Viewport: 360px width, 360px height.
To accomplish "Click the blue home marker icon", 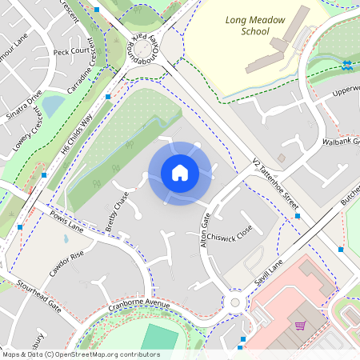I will pyautogui.click(x=179, y=173).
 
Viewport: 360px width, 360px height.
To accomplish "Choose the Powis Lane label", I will pyautogui.click(x=66, y=222).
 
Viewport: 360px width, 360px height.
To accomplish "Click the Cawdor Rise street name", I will pyautogui.click(x=66, y=263).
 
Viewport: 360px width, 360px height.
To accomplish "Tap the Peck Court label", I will pyautogui.click(x=70, y=51).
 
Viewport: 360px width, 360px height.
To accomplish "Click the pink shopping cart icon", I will pyautogui.click(x=301, y=326).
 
